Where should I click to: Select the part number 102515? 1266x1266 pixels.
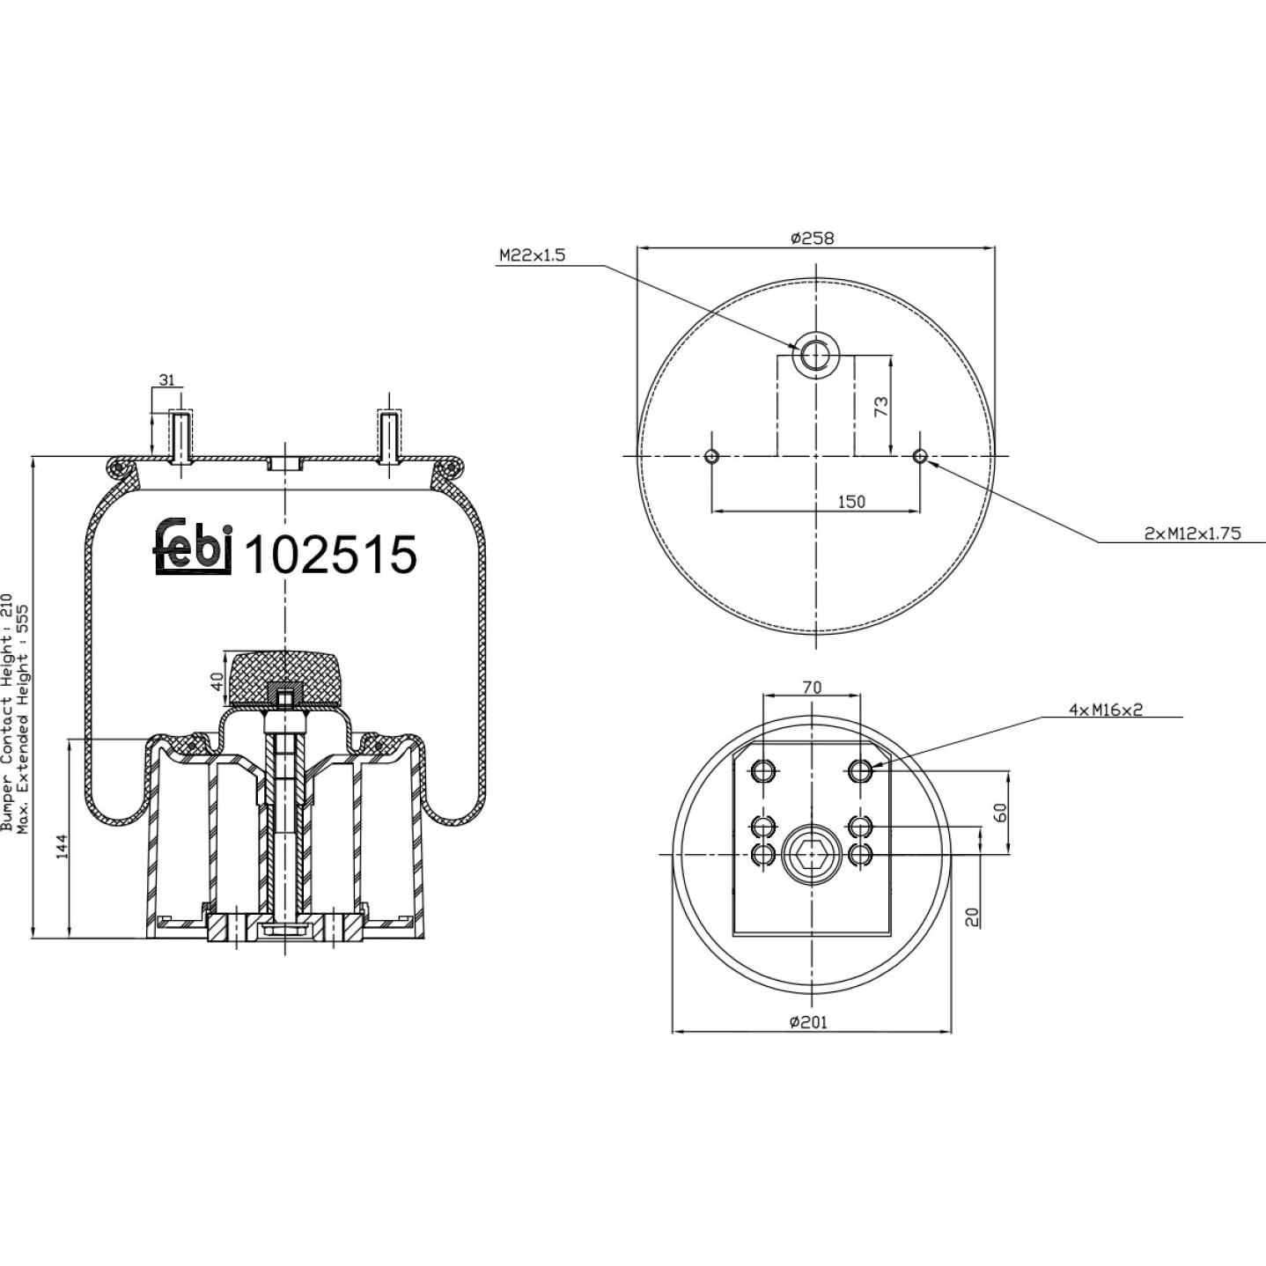(x=330, y=555)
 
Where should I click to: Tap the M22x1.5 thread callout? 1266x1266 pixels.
(x=532, y=255)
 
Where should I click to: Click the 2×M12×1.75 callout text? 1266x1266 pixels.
(x=1192, y=533)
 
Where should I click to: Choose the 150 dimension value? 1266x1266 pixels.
(x=851, y=501)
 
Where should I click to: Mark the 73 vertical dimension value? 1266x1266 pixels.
(x=883, y=406)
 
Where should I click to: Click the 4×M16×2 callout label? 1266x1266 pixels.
(x=1106, y=710)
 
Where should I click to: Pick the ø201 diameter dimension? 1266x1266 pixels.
(x=809, y=1022)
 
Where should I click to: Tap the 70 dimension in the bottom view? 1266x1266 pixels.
(x=812, y=688)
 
